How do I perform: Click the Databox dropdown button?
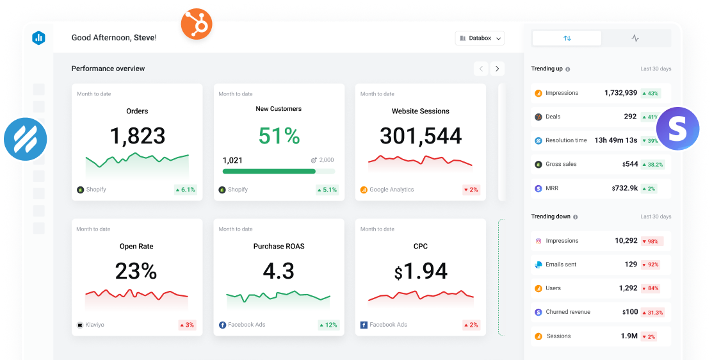[x=480, y=38]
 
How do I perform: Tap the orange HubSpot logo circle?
[x=196, y=25]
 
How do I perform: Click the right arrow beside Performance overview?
[x=498, y=69]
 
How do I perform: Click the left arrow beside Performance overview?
[x=481, y=69]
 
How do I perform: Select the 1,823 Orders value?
[x=137, y=136]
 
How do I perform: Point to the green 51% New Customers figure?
[x=279, y=136]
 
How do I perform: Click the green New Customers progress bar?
[x=269, y=171]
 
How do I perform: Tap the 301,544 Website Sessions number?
[x=421, y=136]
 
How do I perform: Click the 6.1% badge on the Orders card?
[x=185, y=190]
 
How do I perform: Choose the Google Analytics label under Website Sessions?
[x=391, y=190]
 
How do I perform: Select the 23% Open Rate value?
[x=136, y=271]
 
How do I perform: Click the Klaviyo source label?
[x=94, y=325]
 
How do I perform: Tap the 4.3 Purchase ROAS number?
[x=279, y=271]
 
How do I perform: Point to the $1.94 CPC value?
[x=421, y=272]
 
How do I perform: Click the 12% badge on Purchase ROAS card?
[x=328, y=325]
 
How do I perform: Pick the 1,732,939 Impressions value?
[x=620, y=93]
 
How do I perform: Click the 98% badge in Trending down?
[x=652, y=241]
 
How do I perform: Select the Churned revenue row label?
[x=568, y=312]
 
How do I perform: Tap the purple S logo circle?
[x=677, y=129]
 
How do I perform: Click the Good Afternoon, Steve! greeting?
[x=114, y=38]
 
